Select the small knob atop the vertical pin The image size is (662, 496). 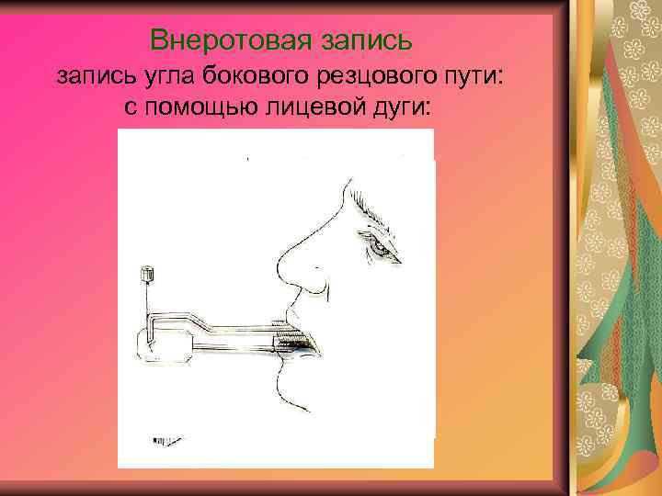146,273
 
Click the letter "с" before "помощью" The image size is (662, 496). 130,108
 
